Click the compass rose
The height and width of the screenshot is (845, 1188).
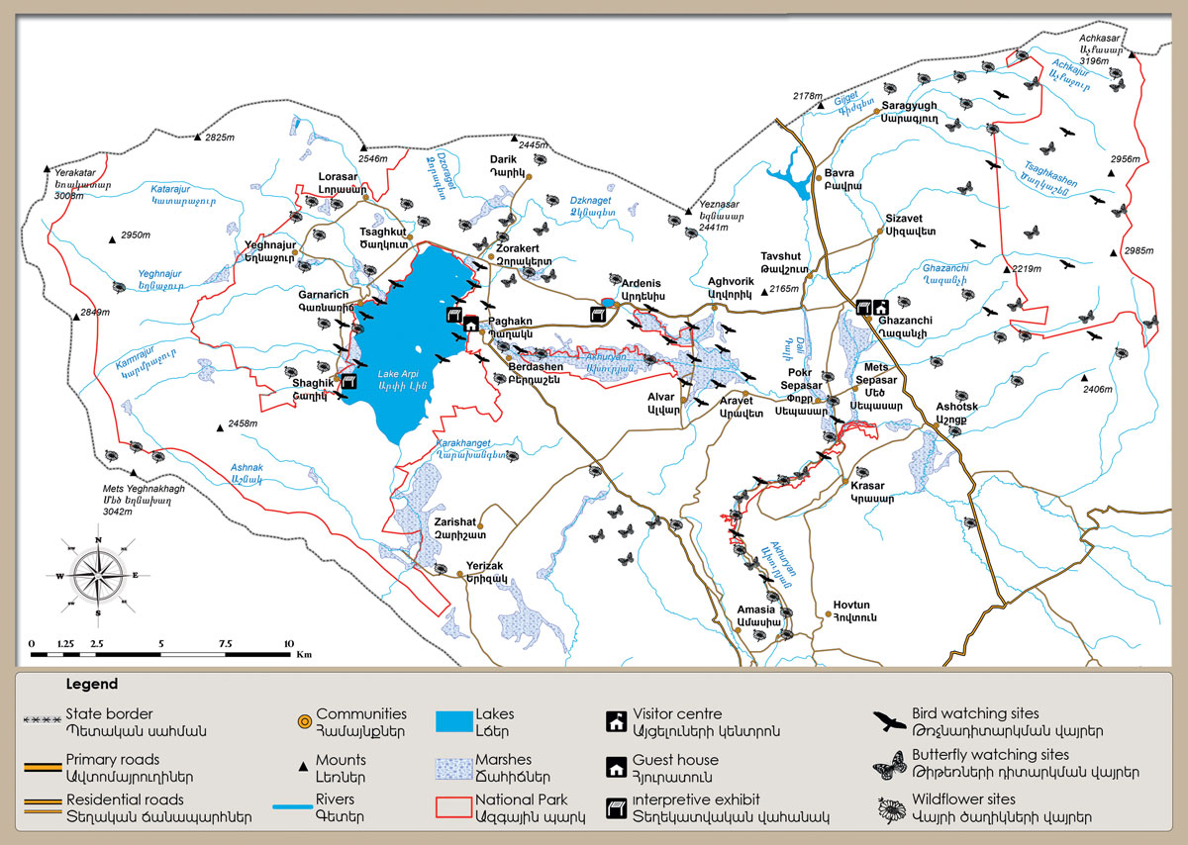click(98, 575)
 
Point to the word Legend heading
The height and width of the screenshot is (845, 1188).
click(92, 684)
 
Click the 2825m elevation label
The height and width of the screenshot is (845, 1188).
click(223, 138)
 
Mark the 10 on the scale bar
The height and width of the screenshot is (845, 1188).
click(289, 644)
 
